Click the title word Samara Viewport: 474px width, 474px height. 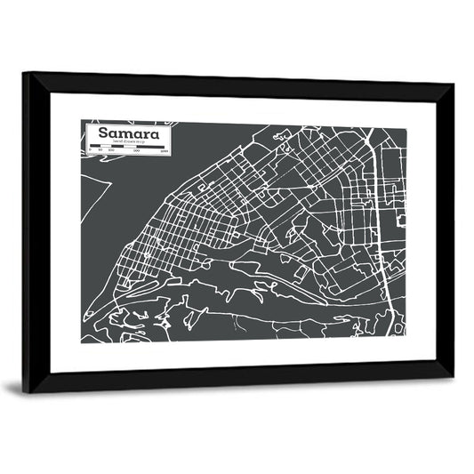coord(129,134)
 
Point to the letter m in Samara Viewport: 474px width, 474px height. coord(126,135)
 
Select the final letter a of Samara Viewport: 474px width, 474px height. coord(156,135)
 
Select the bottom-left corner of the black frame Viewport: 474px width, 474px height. coord(24,392)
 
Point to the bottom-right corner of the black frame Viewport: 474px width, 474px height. coord(453,377)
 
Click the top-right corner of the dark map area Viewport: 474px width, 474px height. coord(408,128)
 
